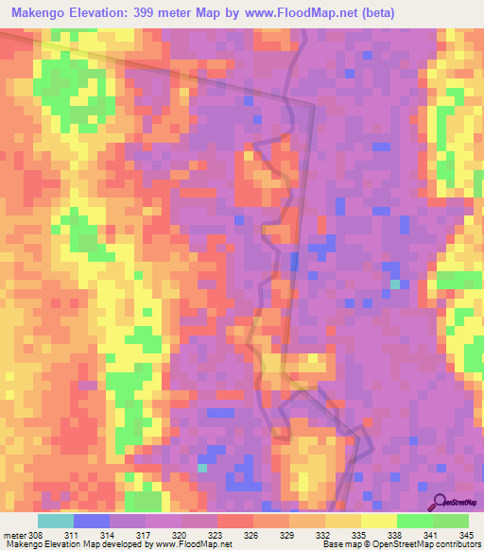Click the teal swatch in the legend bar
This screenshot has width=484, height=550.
tap(56, 521)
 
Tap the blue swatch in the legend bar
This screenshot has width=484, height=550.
tap(92, 521)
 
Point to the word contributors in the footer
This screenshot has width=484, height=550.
tap(458, 544)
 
